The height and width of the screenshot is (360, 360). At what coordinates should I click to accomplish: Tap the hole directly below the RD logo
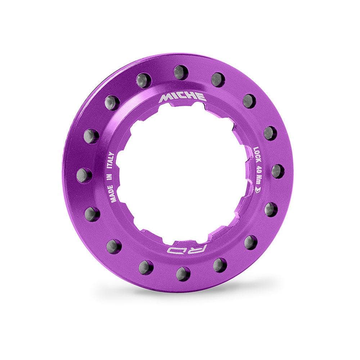click(x=183, y=273)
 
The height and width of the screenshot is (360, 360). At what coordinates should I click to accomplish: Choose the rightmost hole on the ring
click(x=278, y=171)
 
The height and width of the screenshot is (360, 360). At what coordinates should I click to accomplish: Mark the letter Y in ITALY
click(x=111, y=154)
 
